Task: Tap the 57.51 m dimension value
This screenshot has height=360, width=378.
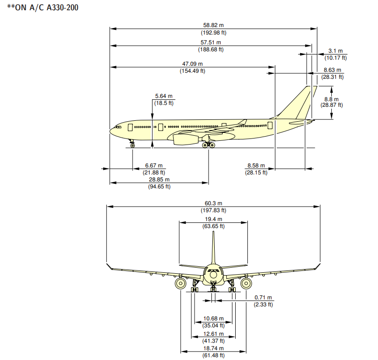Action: point(211,42)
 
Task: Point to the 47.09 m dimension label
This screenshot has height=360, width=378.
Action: point(192,64)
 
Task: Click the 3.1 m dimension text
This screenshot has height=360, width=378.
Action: point(336,51)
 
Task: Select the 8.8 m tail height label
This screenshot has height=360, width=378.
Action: point(331,99)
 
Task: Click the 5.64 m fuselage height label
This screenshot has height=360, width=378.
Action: point(164,97)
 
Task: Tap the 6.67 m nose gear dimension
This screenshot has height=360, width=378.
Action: point(154,166)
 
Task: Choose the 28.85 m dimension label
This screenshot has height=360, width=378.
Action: point(159,180)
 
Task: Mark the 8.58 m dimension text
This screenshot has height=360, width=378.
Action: point(256,166)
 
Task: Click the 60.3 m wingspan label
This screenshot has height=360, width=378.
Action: point(213,203)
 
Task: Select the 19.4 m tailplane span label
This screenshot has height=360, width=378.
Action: point(213,219)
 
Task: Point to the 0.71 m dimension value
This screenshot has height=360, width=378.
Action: point(263,298)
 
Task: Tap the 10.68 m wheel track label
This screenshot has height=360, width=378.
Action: point(213,318)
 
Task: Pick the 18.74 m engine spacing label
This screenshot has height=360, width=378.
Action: point(213,348)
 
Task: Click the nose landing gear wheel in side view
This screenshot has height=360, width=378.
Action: point(133,145)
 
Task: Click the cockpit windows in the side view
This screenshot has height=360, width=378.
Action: point(118,126)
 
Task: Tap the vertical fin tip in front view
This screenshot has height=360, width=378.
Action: point(213,233)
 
